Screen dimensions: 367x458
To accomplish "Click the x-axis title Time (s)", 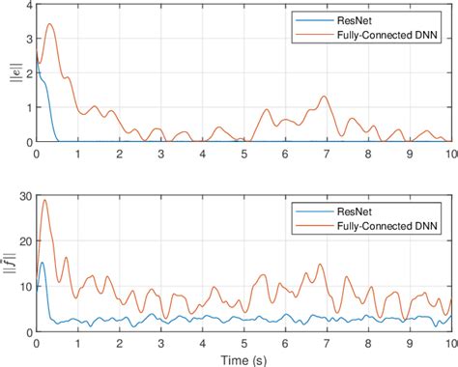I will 243,359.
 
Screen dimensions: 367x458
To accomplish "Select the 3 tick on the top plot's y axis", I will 27,42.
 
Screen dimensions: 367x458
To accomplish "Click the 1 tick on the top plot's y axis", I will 27,108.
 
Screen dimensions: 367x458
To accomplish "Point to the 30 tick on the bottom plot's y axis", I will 24,197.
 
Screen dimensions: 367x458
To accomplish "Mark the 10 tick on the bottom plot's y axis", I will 24,286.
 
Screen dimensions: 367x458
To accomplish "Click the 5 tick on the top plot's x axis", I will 243,152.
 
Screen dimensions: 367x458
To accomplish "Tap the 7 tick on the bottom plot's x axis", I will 327,341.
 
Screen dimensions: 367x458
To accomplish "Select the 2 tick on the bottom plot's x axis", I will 120,341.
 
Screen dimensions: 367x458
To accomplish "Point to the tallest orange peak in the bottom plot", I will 45,200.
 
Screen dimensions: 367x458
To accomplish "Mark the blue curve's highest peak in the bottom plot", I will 42,262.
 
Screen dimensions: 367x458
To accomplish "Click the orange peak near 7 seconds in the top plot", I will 326,97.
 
